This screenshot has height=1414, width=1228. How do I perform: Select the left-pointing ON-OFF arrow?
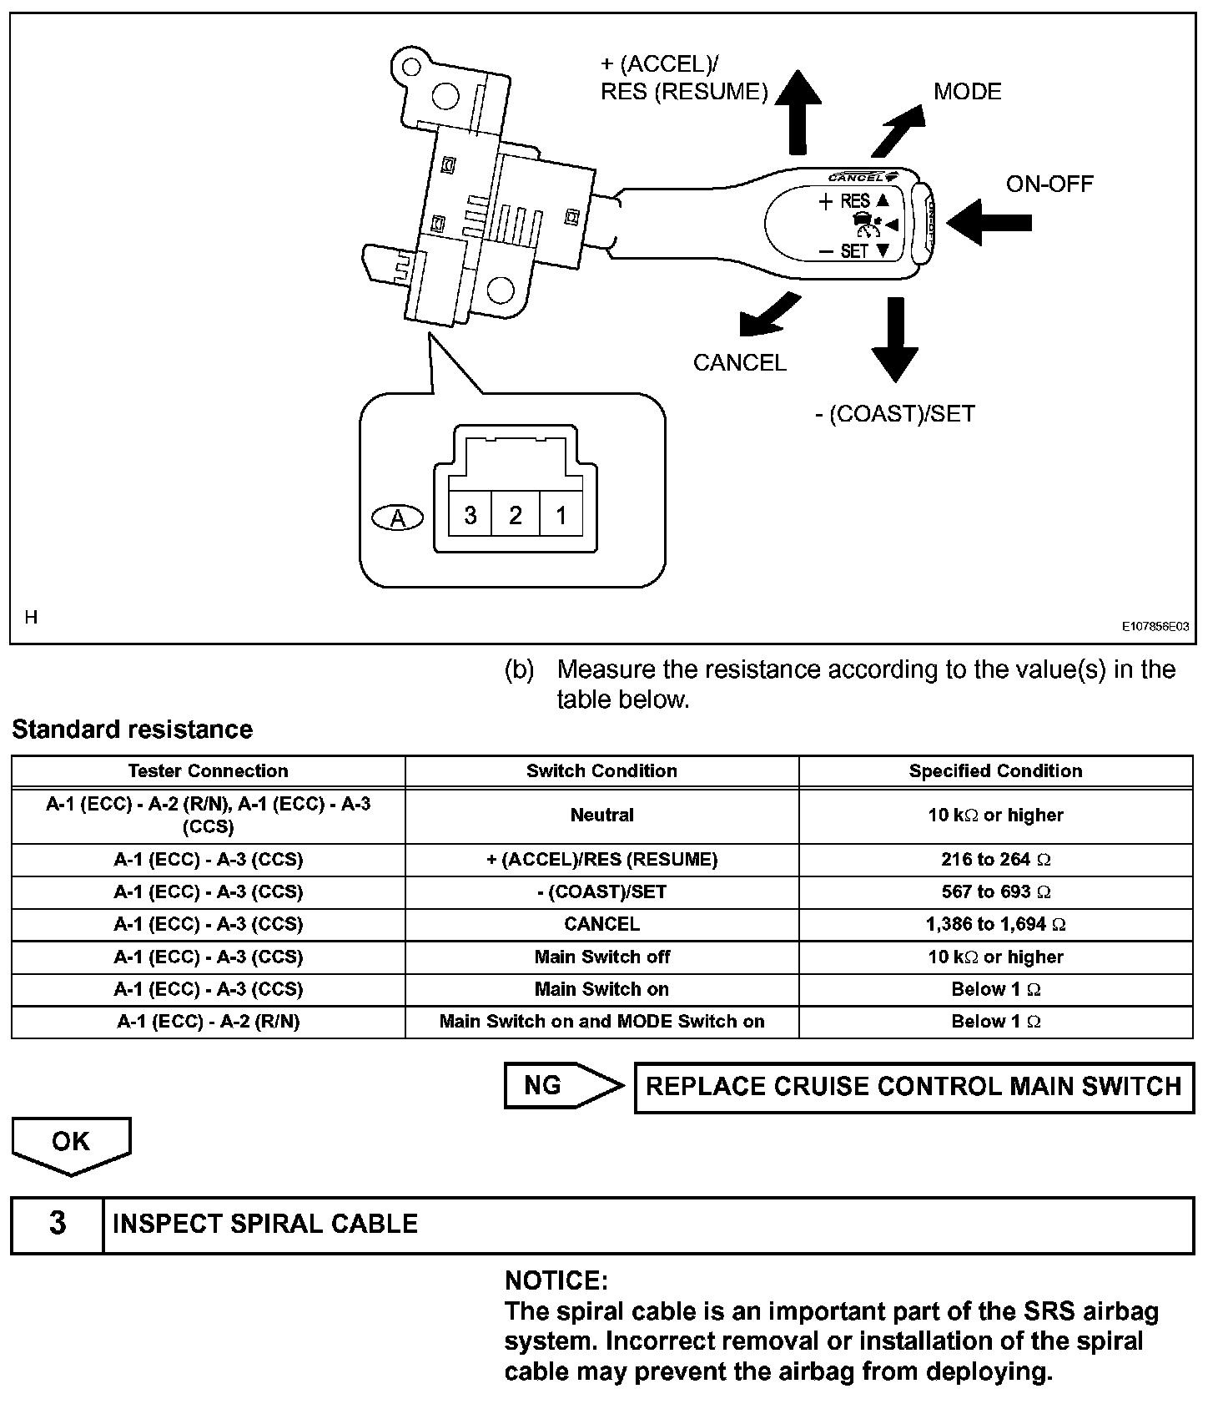(x=988, y=222)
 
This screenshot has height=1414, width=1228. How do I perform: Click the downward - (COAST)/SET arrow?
(x=895, y=339)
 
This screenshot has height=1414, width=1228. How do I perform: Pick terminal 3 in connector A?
(x=471, y=515)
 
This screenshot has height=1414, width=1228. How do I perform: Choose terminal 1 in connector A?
(x=561, y=515)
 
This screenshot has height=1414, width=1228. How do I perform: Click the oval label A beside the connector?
(x=398, y=518)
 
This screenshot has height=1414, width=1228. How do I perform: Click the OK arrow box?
(x=71, y=1144)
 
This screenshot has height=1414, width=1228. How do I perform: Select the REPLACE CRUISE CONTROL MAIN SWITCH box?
(x=913, y=1087)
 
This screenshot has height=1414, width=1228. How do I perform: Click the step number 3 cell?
(x=57, y=1224)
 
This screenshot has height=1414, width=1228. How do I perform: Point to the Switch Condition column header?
(x=601, y=771)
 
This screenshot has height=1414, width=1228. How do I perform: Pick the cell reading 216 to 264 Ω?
(x=995, y=860)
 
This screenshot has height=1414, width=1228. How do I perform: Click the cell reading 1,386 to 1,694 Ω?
(x=995, y=924)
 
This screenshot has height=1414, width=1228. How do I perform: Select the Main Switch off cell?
(x=601, y=957)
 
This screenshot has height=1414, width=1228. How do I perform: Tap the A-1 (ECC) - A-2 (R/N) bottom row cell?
(x=208, y=1022)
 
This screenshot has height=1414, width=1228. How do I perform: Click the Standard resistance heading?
(x=132, y=730)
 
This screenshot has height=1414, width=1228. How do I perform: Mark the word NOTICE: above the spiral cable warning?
(x=556, y=1280)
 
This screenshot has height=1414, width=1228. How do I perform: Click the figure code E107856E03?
(x=1155, y=626)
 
